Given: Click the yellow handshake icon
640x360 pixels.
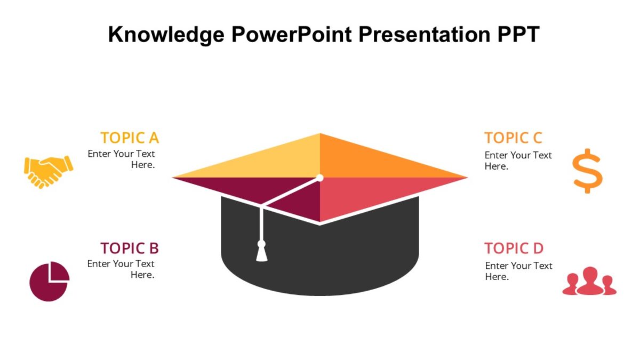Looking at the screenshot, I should click(x=48, y=171).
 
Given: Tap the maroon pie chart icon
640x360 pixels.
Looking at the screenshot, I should click(x=49, y=281).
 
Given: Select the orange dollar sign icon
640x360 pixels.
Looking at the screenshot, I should click(x=587, y=171).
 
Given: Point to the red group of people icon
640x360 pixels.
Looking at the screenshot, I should click(x=589, y=282).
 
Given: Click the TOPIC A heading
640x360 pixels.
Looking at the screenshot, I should click(x=130, y=138).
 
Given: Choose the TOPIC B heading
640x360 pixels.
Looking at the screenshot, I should click(x=130, y=248).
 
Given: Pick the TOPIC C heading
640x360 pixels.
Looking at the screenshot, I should click(x=513, y=138).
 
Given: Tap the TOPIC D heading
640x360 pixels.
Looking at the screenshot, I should click(x=514, y=248).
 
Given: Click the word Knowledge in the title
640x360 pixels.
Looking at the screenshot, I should click(x=165, y=35).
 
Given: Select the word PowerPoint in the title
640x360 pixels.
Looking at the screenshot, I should click(x=292, y=35).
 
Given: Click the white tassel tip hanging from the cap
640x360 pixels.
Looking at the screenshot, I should click(x=261, y=254).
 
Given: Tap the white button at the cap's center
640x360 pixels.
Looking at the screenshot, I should click(x=319, y=177).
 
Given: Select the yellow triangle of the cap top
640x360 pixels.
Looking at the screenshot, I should click(x=267, y=163).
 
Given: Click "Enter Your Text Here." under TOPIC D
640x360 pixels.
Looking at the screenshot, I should click(x=518, y=271).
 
